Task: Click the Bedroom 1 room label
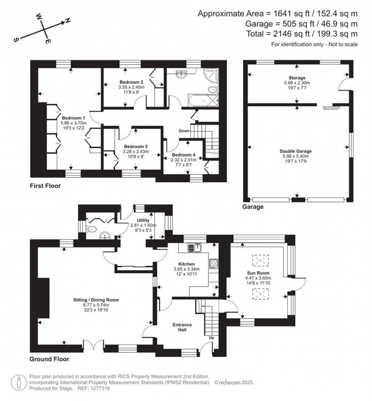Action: point(73,118)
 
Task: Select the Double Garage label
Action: point(295,151)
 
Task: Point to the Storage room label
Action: point(297,78)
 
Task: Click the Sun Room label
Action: point(256,273)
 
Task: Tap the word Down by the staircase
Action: point(184,131)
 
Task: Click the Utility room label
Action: point(143,220)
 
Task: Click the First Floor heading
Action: point(45,186)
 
